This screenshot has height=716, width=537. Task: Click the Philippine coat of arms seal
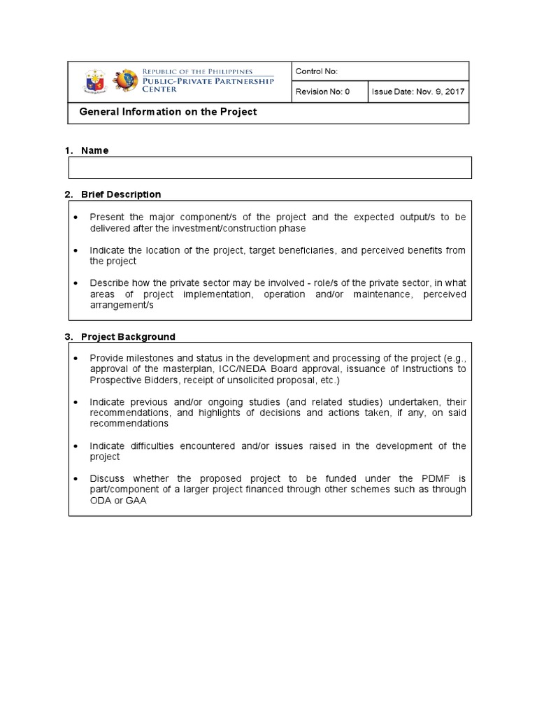95,81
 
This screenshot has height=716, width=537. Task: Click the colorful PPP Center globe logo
125,81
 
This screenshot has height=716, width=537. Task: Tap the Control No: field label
317,71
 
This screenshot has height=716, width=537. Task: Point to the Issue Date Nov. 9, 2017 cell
417,92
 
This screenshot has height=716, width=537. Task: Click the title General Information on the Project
169,112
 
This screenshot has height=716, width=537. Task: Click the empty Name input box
269,168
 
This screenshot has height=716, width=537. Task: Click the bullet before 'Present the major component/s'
77,217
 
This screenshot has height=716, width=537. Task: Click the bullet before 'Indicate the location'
77,250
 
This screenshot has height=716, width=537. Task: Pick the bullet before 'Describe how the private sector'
77,283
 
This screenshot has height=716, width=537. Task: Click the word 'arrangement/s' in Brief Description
121,306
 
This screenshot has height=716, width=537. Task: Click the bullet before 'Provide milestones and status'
77,359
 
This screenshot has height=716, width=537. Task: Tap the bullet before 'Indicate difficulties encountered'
77,446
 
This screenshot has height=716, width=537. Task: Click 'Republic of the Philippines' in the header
199,71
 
